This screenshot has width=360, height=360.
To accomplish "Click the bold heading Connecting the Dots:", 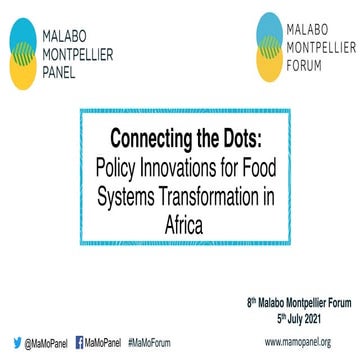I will pos(181,135).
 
